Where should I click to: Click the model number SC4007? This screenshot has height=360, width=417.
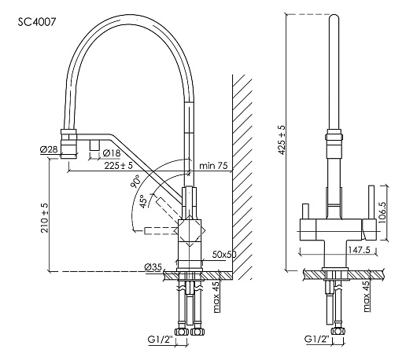coord(37,22)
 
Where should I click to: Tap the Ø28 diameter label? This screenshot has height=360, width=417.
coord(49,149)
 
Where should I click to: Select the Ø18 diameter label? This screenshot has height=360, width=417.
coord(112,153)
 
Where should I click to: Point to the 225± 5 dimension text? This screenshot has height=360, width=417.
coord(118,166)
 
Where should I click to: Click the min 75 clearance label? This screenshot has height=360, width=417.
coord(213,166)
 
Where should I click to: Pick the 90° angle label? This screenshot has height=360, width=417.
coord(135,182)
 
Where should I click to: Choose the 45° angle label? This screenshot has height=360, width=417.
coord(142,201)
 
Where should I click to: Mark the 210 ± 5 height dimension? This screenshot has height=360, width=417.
coord(44,218)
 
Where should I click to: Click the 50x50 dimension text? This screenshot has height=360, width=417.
coord(224,255)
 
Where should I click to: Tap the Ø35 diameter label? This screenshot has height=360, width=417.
coord(153,266)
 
